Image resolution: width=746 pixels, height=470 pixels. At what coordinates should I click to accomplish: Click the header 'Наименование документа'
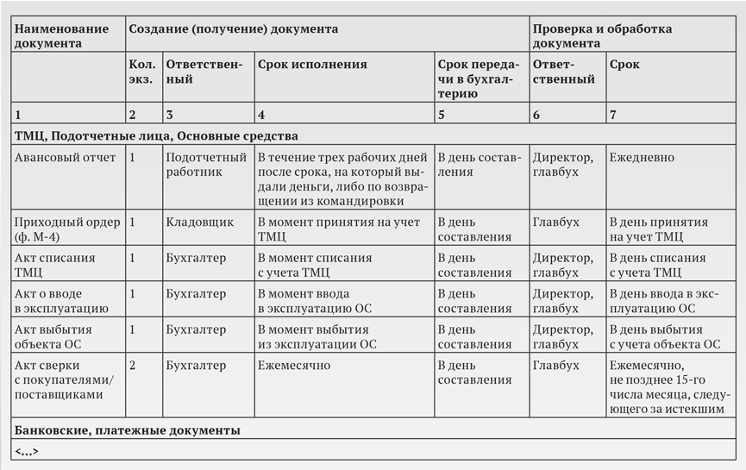pos(62,35)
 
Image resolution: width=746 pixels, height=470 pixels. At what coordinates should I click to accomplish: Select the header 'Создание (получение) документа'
pos(233,28)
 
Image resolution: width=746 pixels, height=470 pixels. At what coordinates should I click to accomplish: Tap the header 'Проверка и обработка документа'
pos(602,35)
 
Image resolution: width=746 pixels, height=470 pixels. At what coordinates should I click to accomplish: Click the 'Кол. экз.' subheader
pos(141,72)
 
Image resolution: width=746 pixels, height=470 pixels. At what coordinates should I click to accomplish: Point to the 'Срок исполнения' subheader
pos(312,65)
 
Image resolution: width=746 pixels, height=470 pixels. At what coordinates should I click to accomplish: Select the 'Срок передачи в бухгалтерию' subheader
pos(479,79)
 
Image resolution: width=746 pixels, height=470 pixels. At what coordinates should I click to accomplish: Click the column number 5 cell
pos(442,114)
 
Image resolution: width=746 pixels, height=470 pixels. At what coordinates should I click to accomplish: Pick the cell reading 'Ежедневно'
pos(642,158)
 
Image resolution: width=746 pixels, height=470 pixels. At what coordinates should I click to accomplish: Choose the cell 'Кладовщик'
pos(200,222)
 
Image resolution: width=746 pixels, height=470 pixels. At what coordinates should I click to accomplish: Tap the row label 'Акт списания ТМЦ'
pos(55,265)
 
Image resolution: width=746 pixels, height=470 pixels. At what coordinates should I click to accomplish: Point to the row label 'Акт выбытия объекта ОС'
pos(53,336)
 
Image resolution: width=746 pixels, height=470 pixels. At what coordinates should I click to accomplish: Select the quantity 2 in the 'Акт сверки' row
pos(132,365)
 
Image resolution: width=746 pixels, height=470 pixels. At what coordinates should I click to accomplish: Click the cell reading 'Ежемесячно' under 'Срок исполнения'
pos(294,365)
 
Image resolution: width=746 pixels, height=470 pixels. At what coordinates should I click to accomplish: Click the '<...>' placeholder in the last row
pos(27,451)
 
